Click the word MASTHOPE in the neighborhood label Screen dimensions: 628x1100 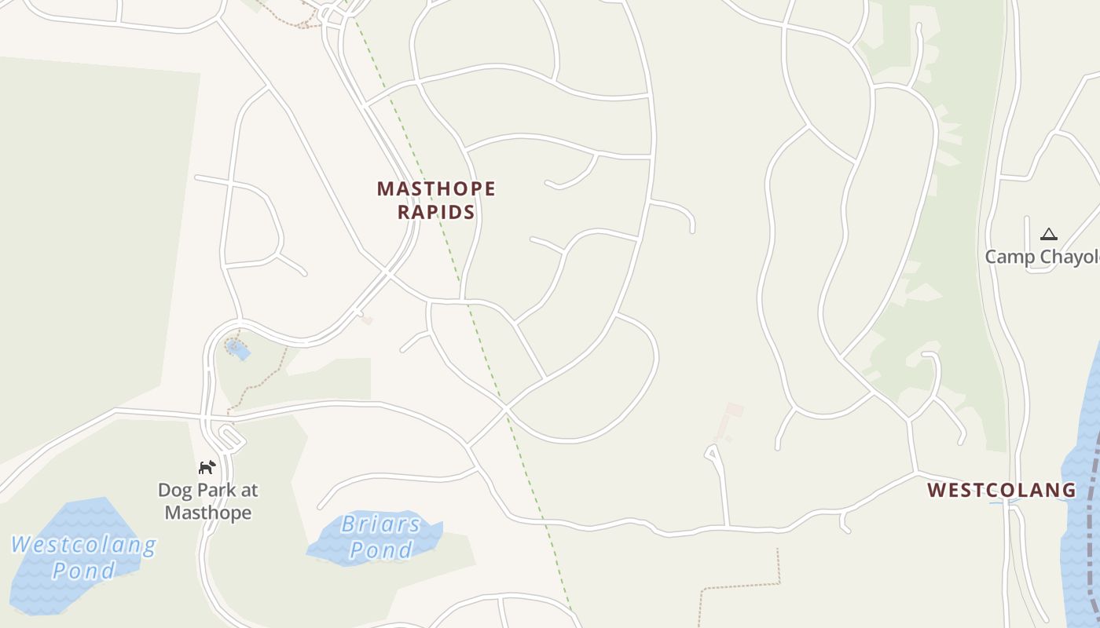(436, 189)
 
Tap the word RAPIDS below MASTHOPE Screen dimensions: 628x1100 (436, 212)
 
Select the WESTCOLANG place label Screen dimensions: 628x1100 (1002, 491)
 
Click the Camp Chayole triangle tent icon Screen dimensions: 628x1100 (1048, 234)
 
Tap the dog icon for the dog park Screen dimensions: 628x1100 (207, 468)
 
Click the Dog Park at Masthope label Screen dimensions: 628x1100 (208, 502)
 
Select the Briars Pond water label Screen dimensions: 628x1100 (381, 537)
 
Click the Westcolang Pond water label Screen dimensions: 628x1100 (83, 557)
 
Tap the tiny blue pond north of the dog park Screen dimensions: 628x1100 (236, 348)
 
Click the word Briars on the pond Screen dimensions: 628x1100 (381, 524)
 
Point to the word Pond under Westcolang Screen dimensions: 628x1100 (83, 571)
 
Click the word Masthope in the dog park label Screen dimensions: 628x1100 (208, 513)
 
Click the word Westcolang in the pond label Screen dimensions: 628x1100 (83, 544)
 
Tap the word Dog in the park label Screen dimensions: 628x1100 (174, 491)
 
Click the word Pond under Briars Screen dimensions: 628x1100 (381, 550)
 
